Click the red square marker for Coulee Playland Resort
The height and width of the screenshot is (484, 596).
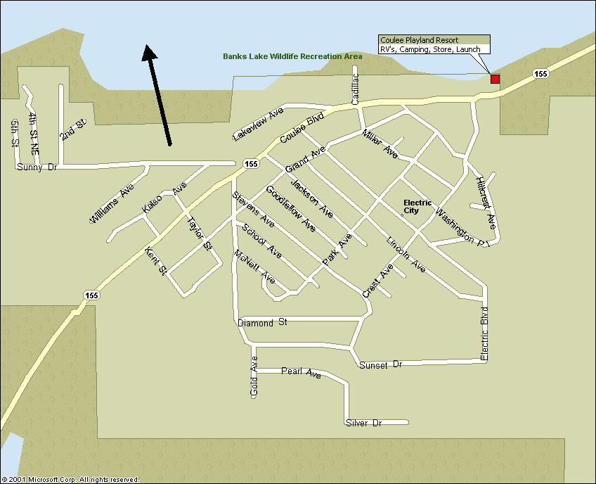495,79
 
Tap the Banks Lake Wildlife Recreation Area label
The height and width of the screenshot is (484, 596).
292,56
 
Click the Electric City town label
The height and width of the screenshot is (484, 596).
417,206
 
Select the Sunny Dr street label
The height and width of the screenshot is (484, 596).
36,167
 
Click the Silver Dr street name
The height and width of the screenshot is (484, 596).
363,423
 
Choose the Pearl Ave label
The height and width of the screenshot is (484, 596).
301,372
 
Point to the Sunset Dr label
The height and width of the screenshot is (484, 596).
380,365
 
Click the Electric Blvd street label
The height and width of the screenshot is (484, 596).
484,334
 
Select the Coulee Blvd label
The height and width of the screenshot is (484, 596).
302,128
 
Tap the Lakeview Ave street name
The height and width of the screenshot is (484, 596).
258,124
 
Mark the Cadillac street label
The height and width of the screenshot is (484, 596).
355,89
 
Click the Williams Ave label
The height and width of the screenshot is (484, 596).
112,204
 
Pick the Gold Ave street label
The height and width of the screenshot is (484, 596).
254,376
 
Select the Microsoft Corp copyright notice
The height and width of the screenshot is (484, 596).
70,479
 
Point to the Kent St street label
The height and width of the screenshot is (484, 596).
155,261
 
